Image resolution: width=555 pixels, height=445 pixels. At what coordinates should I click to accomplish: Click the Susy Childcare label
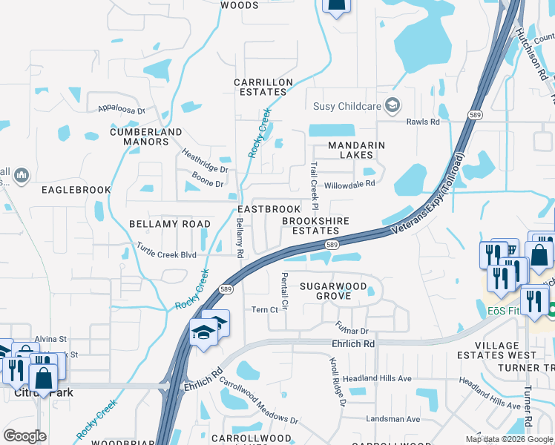tap(347, 106)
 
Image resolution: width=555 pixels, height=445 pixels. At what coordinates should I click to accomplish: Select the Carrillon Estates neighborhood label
tap(260, 87)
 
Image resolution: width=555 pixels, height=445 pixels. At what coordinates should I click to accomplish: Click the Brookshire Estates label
tap(315, 225)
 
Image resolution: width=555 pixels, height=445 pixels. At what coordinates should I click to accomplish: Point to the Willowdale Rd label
tap(349, 183)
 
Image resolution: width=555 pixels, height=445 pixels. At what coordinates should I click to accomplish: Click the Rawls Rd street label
tap(423, 122)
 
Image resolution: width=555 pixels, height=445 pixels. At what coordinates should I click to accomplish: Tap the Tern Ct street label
tap(264, 310)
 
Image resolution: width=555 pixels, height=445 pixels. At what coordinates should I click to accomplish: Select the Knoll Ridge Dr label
tap(338, 382)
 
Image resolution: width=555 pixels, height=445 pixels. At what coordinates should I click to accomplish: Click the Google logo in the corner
tap(25, 436)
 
